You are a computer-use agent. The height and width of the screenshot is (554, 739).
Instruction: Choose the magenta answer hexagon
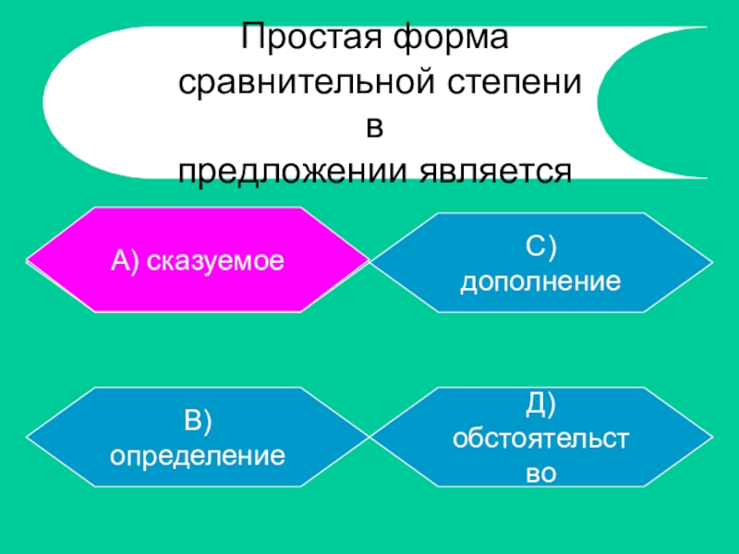(197, 259)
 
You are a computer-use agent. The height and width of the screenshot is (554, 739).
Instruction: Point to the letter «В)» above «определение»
(197, 421)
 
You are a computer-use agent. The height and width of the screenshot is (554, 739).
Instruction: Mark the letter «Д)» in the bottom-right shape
(540, 404)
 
